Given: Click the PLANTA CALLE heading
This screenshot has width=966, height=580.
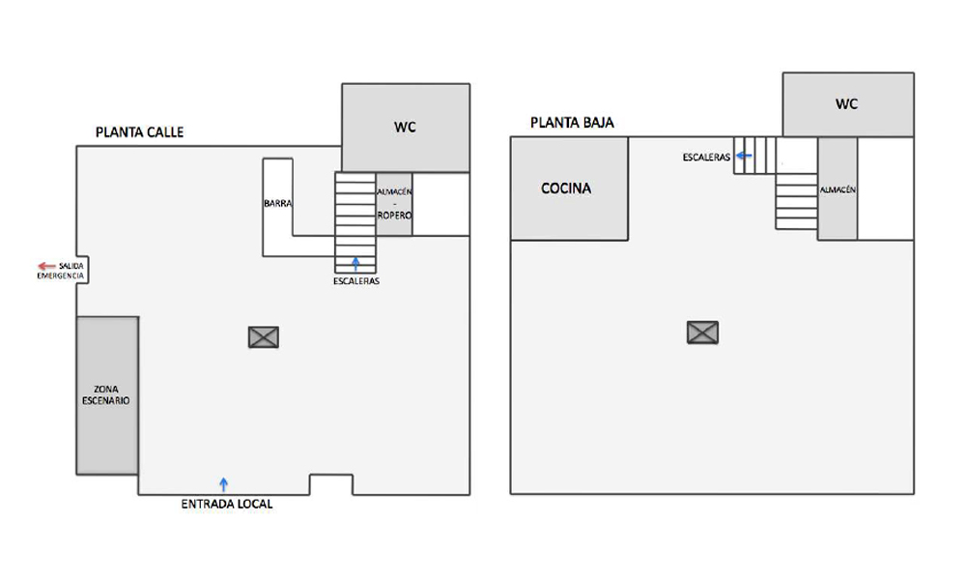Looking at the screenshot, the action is click(139, 131).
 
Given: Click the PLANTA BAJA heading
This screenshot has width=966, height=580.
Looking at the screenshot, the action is click(572, 123).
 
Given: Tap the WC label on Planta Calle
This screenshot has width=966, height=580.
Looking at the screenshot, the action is click(405, 127).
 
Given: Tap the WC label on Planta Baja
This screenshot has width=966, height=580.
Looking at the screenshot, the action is click(846, 104).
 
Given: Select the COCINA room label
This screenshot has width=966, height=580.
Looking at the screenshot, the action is click(566, 188).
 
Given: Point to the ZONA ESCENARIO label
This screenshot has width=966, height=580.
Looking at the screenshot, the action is click(106, 395).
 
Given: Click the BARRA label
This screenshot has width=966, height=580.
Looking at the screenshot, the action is click(278, 203).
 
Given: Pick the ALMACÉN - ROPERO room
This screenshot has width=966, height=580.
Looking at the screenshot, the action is click(394, 204).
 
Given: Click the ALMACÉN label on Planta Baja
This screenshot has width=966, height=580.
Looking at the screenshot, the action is click(838, 189).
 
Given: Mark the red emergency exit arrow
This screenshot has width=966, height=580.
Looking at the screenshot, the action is click(46, 266).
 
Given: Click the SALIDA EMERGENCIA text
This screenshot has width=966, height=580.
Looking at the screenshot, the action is click(61, 271).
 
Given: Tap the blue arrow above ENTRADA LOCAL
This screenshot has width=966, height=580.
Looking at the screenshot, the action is click(224, 484).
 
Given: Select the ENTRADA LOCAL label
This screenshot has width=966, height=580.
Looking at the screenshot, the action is click(227, 505).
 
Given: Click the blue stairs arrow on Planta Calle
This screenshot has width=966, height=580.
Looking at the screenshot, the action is click(355, 264).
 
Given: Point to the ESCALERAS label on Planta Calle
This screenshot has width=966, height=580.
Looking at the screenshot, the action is click(356, 281).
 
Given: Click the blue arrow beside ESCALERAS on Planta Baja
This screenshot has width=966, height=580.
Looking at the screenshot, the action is click(744, 156).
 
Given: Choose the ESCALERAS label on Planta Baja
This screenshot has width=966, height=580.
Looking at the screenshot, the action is click(707, 158).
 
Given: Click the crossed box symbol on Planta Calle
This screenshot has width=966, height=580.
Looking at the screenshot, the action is click(264, 337).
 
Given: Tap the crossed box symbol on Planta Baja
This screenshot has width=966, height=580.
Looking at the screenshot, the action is click(703, 333).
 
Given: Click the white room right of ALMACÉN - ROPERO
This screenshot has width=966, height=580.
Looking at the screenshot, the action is click(441, 204).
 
